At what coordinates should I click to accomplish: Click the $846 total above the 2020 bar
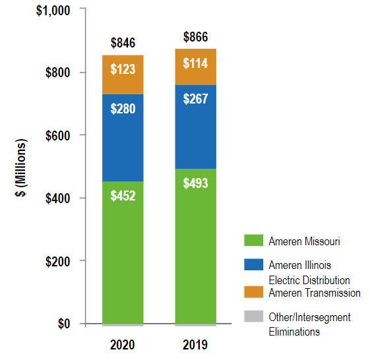coord(122,44)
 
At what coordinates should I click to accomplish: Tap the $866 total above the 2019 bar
coord(195,37)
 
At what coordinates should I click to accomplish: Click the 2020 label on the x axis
coord(122,345)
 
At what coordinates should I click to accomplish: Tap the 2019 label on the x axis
coord(195,345)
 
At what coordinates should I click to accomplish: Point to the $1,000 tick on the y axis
coord(51,10)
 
